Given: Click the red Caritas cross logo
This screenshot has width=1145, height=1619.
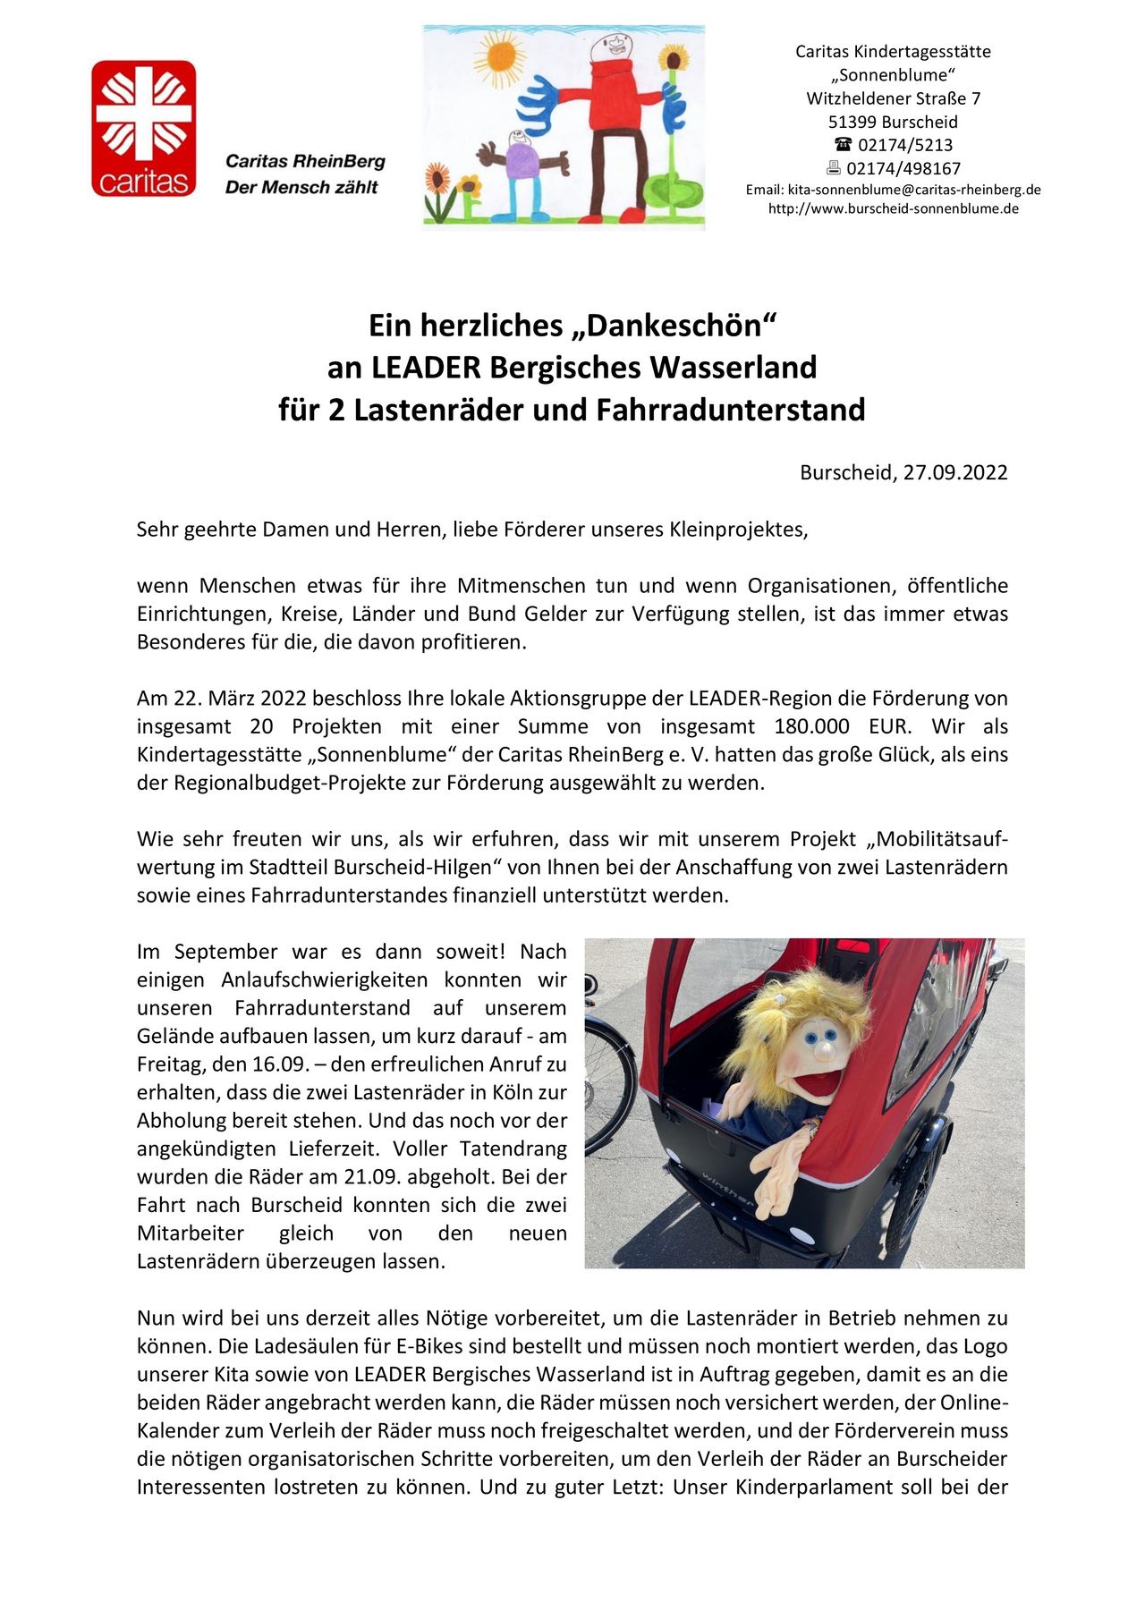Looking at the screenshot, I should tap(143, 128).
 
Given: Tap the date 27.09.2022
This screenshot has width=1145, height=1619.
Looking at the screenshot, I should tap(954, 472).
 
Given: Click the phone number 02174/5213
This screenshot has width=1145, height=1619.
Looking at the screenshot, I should tap(905, 145).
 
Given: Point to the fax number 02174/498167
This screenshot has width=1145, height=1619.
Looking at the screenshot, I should tap(903, 168).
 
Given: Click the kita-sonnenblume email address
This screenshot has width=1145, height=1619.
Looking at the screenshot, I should tap(913, 190).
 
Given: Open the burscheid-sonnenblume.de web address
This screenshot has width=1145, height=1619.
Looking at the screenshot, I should tap(893, 208).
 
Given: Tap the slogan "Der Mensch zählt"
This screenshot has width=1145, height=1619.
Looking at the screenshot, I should tap(301, 187).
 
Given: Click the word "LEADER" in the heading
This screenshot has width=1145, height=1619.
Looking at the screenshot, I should tap(425, 368).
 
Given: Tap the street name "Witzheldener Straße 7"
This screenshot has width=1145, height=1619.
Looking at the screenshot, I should tap(893, 98).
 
